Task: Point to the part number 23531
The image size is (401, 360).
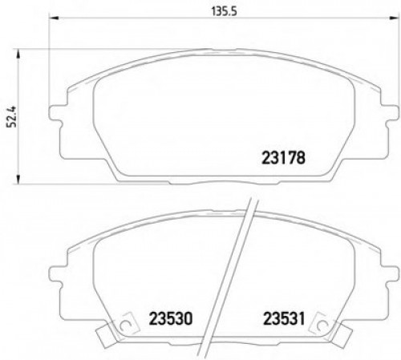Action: (282, 316)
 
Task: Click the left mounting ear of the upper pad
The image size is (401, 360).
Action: (58, 120)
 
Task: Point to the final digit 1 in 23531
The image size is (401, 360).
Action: (302, 316)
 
